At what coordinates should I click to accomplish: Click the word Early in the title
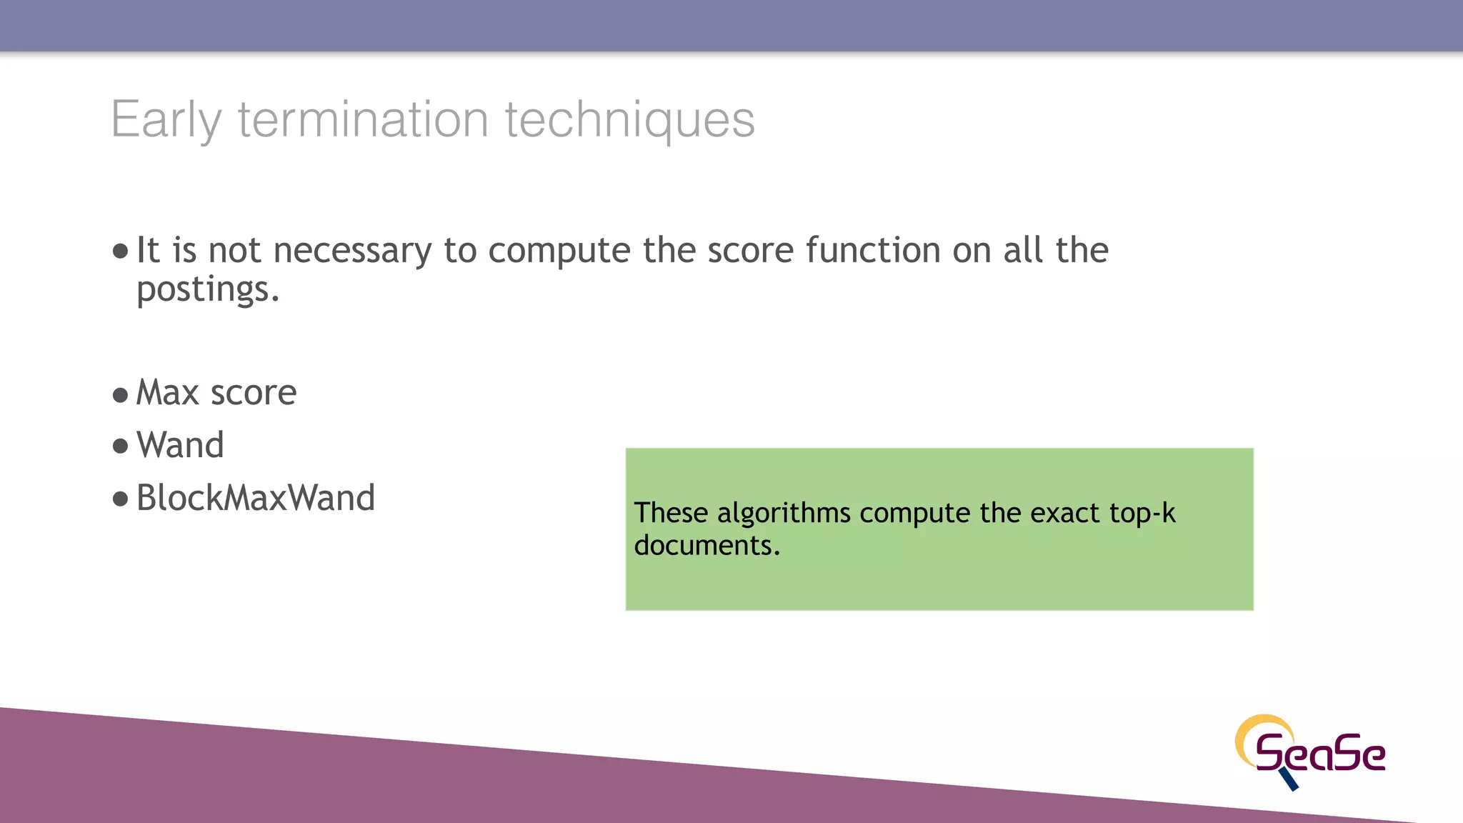166,119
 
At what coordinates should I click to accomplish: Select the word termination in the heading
363,119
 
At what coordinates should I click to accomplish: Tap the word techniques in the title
629,119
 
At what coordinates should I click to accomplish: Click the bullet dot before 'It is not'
120,251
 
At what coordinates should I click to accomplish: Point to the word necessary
352,251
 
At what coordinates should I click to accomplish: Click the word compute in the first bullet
559,251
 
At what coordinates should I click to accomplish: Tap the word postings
207,290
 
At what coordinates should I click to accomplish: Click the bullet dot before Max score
120,395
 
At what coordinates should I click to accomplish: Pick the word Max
167,393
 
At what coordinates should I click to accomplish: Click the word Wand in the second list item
180,445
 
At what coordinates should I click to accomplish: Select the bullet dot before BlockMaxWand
120,499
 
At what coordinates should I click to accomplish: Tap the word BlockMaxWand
255,498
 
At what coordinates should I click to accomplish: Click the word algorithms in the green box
784,514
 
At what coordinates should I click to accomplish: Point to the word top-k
1142,514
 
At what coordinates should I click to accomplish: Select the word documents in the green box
706,546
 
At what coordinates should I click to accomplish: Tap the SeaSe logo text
1320,753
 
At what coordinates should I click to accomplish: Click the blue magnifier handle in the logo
1289,779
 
